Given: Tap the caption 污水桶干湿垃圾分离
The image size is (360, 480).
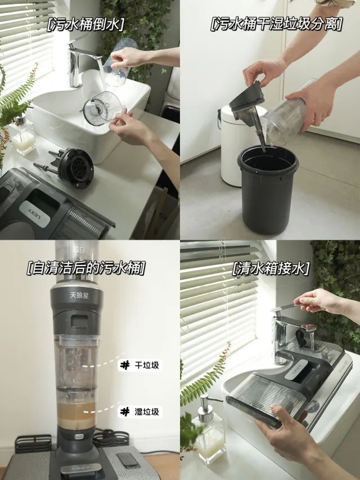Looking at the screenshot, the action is [276, 24].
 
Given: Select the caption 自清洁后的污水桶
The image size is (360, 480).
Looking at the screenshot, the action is [85, 268].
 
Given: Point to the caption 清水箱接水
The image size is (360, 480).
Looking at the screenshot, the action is [271, 269].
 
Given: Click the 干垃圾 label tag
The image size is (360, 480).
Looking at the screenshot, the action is [140, 365].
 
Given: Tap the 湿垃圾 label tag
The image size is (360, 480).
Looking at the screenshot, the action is [140, 412].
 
